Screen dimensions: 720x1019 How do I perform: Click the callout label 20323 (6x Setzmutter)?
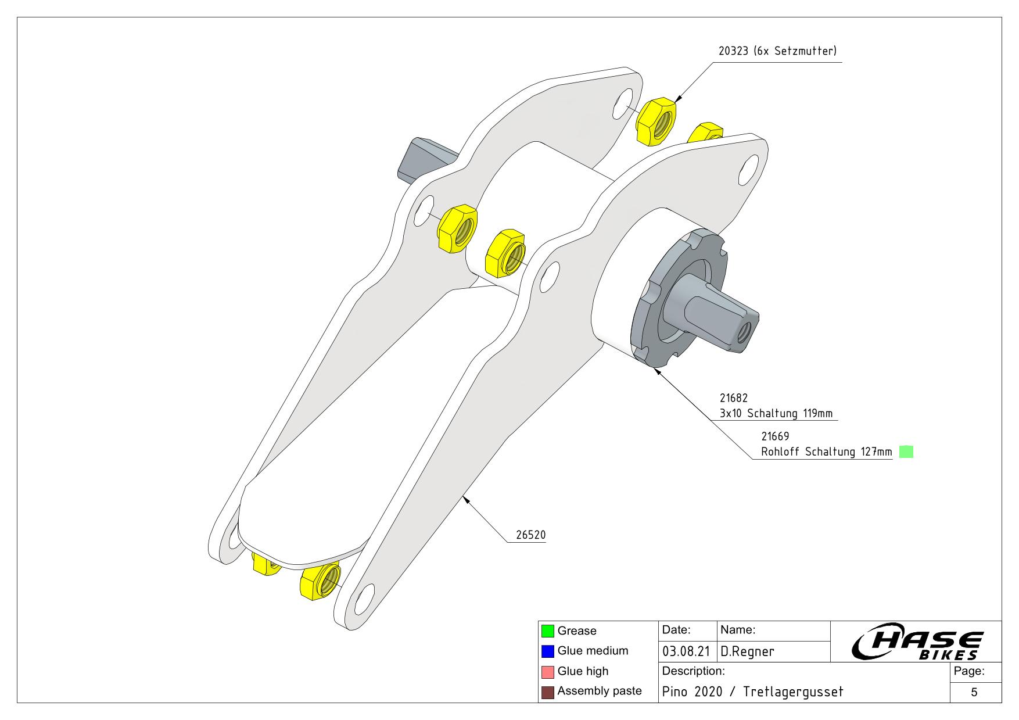click(777, 51)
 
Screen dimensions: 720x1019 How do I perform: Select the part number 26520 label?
click(531, 535)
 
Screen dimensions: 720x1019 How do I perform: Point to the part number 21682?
click(734, 398)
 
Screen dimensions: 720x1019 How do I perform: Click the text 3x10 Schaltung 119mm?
click(776, 413)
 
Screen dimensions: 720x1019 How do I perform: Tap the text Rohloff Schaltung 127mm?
click(826, 452)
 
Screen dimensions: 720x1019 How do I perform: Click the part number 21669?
click(775, 436)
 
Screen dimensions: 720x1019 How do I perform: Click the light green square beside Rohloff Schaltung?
click(906, 452)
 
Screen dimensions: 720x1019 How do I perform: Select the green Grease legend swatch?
click(547, 631)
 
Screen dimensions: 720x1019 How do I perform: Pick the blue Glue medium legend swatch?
click(547, 651)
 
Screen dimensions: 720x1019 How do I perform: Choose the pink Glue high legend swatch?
click(547, 671)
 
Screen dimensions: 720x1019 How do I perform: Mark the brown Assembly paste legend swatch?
click(547, 692)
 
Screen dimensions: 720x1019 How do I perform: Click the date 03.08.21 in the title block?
click(686, 651)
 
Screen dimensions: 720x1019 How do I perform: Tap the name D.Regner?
click(747, 651)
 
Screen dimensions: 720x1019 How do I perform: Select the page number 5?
click(974, 692)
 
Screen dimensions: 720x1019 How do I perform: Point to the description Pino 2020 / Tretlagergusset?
click(752, 692)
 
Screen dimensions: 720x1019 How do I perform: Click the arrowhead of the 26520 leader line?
click(464, 499)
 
